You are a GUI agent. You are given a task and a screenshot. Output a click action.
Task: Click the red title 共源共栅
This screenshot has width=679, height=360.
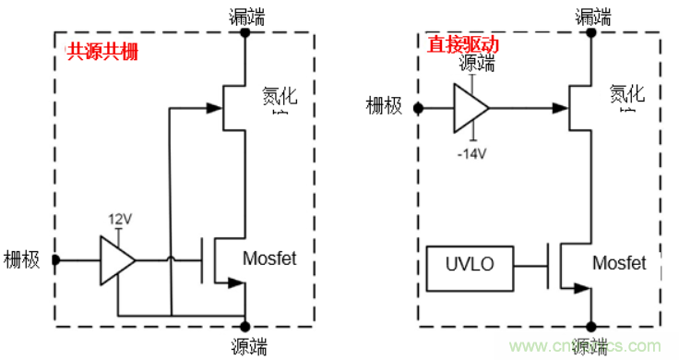pos(102,52)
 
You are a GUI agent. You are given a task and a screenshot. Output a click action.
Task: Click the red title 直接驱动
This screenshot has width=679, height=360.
pos(462,44)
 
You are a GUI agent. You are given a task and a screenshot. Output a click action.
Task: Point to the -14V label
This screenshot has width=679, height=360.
pos(471,154)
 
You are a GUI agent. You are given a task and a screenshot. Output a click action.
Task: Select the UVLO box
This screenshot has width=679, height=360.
pos(471,264)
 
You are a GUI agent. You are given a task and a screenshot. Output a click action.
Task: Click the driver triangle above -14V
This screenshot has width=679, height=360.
pos(471,108)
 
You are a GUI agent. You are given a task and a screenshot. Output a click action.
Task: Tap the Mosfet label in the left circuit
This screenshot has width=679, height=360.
pos(269,258)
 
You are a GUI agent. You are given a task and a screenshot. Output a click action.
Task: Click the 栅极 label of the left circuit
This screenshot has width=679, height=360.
pos(22,260)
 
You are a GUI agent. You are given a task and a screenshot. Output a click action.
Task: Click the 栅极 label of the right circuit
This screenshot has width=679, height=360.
pos(384,107)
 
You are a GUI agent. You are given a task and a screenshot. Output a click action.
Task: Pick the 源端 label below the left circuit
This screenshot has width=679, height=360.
pos(248,346)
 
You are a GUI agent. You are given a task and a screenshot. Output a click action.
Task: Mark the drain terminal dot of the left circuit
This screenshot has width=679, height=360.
pos(245,33)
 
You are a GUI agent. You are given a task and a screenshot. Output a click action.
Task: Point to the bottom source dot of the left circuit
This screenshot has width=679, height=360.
pos(245,325)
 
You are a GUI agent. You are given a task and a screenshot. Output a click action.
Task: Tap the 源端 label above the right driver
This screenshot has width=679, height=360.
pos(477,64)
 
